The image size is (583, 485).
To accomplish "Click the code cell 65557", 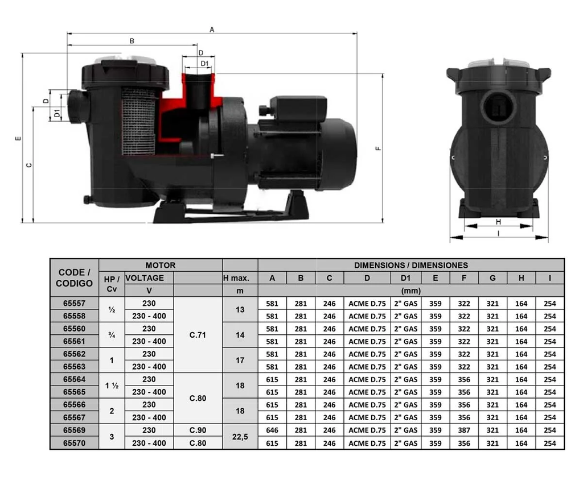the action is click(x=75, y=304).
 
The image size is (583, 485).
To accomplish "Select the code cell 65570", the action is click(x=75, y=443).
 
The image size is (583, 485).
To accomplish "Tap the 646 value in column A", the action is click(x=272, y=430).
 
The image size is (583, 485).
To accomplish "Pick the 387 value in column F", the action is click(x=464, y=430).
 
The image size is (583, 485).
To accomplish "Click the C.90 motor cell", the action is click(x=198, y=430).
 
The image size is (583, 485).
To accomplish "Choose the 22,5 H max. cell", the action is click(x=240, y=437).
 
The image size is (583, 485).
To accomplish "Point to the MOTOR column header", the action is click(x=161, y=265).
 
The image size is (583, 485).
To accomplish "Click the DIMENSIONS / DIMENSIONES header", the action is click(x=411, y=265).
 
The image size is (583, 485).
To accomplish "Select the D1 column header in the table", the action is click(x=405, y=278).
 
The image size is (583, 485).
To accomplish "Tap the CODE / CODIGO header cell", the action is click(x=75, y=278).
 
